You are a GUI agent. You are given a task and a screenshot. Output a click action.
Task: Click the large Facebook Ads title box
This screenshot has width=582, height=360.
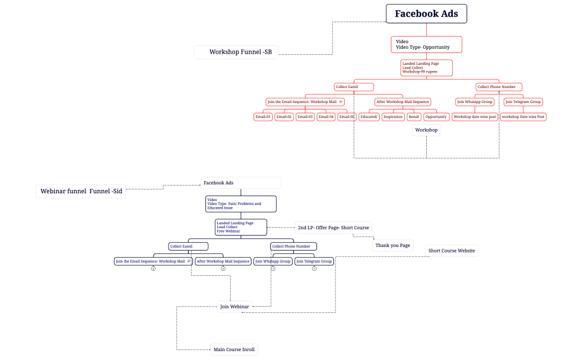point(426,14)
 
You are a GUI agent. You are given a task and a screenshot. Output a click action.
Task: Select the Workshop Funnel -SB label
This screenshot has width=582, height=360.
point(236,52)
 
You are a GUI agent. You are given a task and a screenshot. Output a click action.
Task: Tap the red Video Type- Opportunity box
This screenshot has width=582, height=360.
point(426,44)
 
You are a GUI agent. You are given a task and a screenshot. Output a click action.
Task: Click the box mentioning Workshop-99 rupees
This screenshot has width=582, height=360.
point(427,68)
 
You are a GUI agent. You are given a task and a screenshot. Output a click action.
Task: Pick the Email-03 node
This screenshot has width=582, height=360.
point(305,117)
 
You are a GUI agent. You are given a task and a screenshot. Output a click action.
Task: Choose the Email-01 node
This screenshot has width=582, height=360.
point(263,117)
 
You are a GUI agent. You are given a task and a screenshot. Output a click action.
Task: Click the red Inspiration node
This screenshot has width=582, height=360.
point(392,117)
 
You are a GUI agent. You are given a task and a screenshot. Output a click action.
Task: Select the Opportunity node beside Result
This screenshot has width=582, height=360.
point(436,117)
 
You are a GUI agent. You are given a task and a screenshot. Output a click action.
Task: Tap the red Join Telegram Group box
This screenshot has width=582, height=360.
point(523,102)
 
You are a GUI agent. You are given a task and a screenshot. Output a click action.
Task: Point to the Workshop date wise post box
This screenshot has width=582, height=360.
point(474,117)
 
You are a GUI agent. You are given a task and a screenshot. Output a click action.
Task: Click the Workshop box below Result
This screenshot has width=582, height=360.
point(426,130)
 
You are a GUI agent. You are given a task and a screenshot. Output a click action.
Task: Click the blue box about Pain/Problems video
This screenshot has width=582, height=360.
point(241,204)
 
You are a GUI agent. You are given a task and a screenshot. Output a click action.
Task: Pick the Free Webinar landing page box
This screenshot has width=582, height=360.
point(241,227)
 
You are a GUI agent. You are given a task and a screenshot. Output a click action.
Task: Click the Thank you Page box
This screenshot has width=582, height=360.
point(392,245)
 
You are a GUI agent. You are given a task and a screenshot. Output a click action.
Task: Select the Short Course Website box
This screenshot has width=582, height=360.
point(451,250)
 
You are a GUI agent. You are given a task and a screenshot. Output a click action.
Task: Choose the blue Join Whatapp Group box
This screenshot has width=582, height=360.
point(273,261)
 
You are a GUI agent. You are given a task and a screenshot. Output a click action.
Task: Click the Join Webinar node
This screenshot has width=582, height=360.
point(234,306)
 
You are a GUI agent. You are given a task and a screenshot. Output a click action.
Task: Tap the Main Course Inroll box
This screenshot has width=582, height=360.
point(234,349)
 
